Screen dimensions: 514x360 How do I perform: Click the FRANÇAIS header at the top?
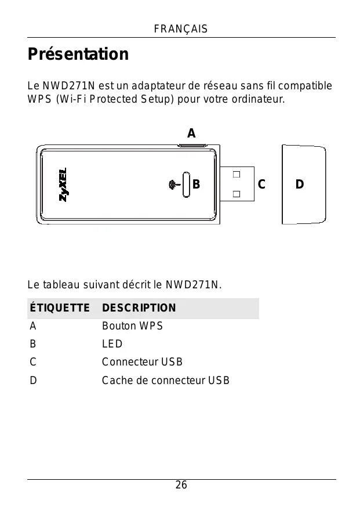click(x=181, y=29)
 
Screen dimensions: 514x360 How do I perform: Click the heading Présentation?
click(x=78, y=55)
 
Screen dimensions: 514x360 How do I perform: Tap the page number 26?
click(x=181, y=486)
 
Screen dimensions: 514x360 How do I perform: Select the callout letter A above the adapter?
click(x=191, y=133)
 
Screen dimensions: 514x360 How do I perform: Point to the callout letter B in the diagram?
click(x=196, y=185)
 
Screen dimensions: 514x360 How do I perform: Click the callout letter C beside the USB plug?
click(x=261, y=185)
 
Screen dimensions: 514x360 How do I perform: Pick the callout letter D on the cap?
click(x=299, y=185)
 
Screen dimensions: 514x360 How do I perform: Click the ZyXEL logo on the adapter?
click(x=63, y=184)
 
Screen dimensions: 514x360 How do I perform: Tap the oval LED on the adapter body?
click(x=186, y=185)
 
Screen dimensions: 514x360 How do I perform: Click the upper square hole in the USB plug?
click(x=237, y=174)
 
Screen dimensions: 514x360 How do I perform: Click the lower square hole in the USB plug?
click(x=237, y=195)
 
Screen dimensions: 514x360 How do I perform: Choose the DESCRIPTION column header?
click(x=139, y=308)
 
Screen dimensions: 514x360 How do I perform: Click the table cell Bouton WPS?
click(x=132, y=326)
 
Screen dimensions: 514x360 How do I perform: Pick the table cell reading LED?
click(x=112, y=344)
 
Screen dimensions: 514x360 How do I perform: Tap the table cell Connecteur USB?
click(x=142, y=363)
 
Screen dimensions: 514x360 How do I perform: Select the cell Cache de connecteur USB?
click(x=165, y=381)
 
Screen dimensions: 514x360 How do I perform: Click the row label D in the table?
click(x=34, y=381)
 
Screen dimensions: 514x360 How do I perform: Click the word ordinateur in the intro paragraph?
click(x=254, y=99)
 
